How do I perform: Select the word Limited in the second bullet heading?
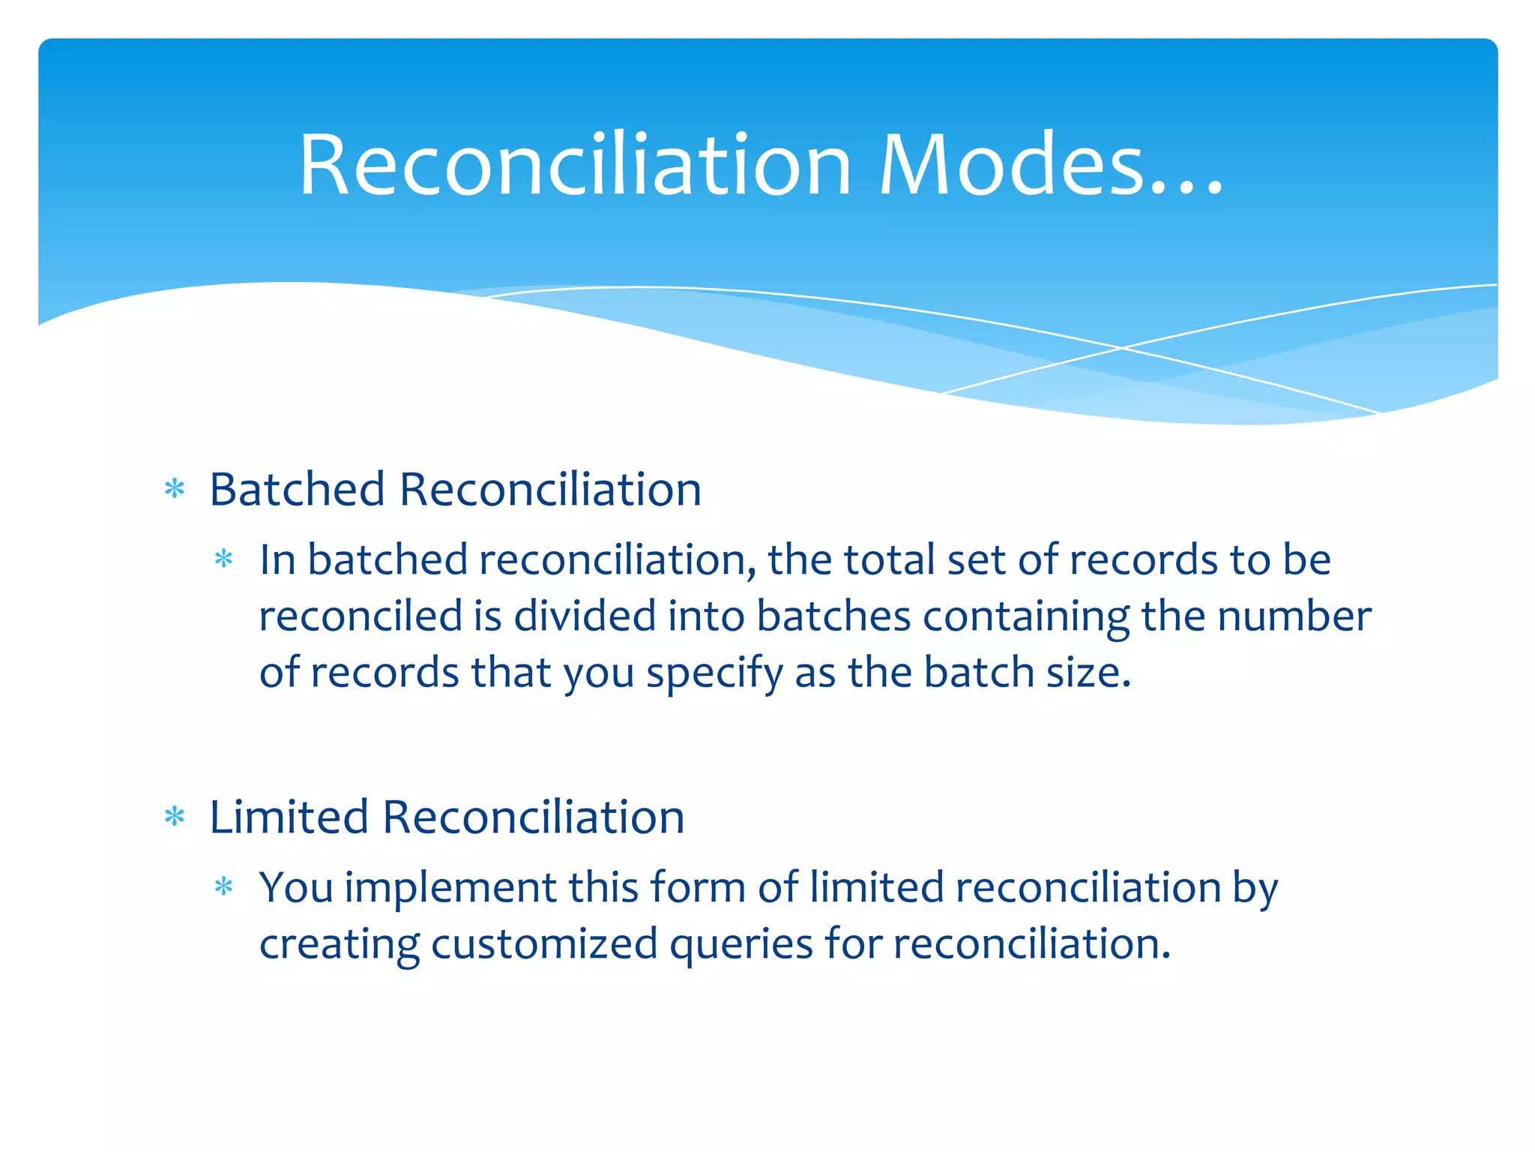(x=289, y=817)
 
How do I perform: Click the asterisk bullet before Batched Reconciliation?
(x=175, y=490)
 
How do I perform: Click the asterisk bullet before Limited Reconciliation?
(x=175, y=817)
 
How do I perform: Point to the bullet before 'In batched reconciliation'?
(x=223, y=559)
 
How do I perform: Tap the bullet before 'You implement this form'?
(x=223, y=887)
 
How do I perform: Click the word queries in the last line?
(x=741, y=946)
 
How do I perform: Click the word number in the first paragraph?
(x=1294, y=616)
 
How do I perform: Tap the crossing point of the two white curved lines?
(x=1122, y=348)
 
